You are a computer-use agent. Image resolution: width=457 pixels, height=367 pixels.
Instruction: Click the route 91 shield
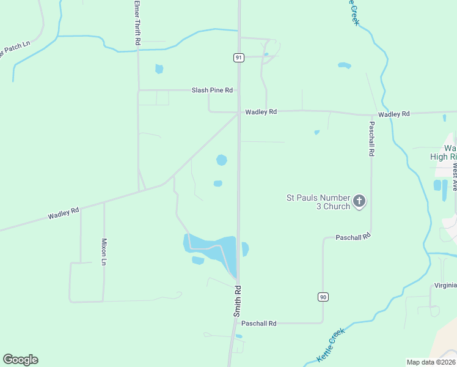pyautogui.click(x=238, y=57)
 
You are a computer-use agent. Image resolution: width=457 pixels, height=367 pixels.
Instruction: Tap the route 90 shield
pyautogui.click(x=323, y=297)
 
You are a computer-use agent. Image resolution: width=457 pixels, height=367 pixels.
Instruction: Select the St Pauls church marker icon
pyautogui.click(x=359, y=201)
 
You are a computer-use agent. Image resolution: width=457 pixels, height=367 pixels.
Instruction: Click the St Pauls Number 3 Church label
pyautogui.click(x=318, y=202)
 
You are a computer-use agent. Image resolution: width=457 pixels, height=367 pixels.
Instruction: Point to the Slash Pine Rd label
pyautogui.click(x=212, y=90)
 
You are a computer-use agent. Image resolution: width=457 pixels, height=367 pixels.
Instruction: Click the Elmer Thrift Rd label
pyautogui.click(x=137, y=23)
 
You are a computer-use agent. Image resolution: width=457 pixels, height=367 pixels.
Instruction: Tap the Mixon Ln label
pyautogui.click(x=104, y=251)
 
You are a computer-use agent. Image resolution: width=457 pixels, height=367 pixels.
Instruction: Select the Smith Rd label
pyautogui.click(x=238, y=300)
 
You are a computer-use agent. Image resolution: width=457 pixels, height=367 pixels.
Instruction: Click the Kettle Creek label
pyautogui.click(x=331, y=344)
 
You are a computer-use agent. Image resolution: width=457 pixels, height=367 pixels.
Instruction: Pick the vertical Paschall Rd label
pyautogui.click(x=371, y=138)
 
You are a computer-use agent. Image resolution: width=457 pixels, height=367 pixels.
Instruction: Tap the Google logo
pyautogui.click(x=20, y=360)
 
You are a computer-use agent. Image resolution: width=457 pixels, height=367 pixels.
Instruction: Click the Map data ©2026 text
pyautogui.click(x=431, y=362)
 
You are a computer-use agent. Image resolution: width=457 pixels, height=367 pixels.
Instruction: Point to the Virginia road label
pyautogui.click(x=445, y=285)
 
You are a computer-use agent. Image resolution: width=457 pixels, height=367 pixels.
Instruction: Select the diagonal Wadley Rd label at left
pyautogui.click(x=64, y=213)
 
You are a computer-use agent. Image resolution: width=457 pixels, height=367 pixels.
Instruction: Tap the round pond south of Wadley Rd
pyautogui.click(x=221, y=160)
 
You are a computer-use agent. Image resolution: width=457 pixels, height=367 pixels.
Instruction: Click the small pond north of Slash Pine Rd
pyautogui.click(x=159, y=69)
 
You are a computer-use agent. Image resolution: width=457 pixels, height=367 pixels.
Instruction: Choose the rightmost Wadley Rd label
pyautogui.click(x=393, y=114)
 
